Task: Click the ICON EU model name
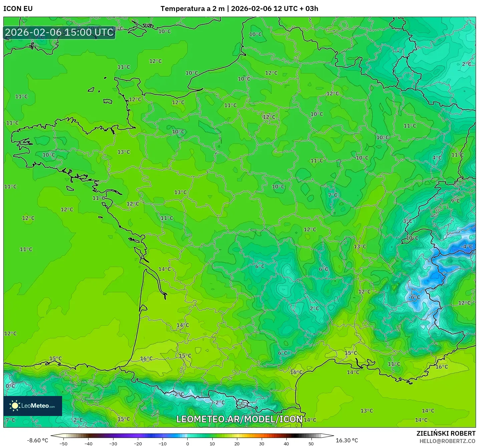pyautogui.click(x=18, y=9)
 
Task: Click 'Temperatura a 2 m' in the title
pyautogui.click(x=192, y=9)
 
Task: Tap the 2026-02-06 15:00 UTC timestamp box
pyautogui.click(x=59, y=32)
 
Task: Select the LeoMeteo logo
pyautogui.click(x=33, y=406)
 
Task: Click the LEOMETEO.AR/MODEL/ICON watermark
pyautogui.click(x=239, y=419)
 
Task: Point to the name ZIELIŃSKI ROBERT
pyautogui.click(x=446, y=433)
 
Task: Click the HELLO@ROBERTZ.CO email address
pyautogui.click(x=447, y=441)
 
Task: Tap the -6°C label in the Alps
pyautogui.click(x=415, y=297)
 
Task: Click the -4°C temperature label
pyautogui.click(x=467, y=247)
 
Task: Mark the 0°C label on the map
pyautogui.click(x=10, y=386)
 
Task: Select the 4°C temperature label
pyautogui.click(x=437, y=158)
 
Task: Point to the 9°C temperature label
pyautogui.click(x=455, y=201)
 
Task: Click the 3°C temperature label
pyautogui.click(x=407, y=221)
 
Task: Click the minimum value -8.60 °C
pyautogui.click(x=37, y=440)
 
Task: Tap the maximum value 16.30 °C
pyautogui.click(x=346, y=440)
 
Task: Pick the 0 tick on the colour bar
pyautogui.click(x=188, y=443)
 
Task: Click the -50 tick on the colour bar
pyautogui.click(x=63, y=443)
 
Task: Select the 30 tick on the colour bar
pyautogui.click(x=261, y=443)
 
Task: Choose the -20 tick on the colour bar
pyautogui.click(x=138, y=443)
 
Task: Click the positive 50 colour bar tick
pyautogui.click(x=311, y=443)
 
